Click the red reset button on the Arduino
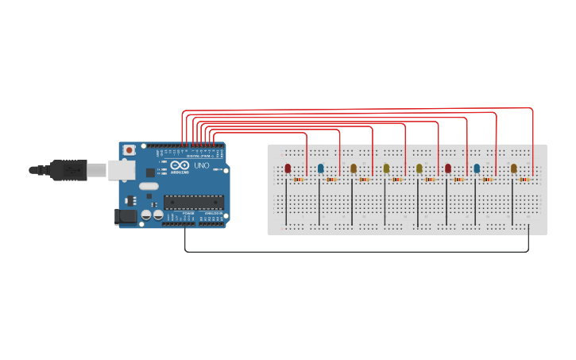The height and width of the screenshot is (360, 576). tap(130, 149)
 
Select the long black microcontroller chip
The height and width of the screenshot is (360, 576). tap(193, 201)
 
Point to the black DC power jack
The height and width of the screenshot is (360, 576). tap(126, 216)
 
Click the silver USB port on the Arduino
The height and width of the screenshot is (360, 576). tap(120, 168)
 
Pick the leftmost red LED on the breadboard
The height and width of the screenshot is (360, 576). tap(288, 168)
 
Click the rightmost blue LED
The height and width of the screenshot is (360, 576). tap(477, 168)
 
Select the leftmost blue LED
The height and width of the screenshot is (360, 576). tap(321, 168)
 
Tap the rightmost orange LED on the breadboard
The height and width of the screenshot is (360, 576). tap(514, 168)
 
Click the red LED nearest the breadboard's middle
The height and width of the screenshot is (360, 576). tap(448, 168)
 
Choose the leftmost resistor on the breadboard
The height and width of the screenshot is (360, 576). tap(299, 180)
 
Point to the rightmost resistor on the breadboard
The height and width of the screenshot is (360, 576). tap(524, 180)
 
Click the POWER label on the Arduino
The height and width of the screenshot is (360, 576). tap(188, 213)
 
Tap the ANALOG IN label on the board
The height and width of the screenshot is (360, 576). tap(212, 213)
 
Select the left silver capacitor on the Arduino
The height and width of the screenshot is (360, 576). tap(148, 215)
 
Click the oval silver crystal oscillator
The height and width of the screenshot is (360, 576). tap(148, 188)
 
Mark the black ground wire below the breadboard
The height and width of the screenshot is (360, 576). tap(358, 252)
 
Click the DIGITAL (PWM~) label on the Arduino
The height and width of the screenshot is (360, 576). tap(198, 156)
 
